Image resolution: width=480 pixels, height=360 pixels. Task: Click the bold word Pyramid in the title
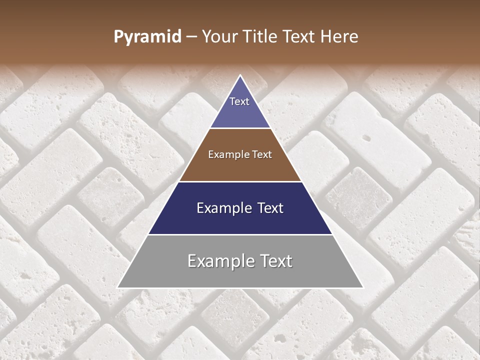tap(147, 37)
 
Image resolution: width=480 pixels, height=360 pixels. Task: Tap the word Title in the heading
tap(262, 37)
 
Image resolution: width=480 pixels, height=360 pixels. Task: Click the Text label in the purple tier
tap(239, 101)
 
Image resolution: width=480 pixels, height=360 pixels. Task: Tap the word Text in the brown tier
tap(261, 155)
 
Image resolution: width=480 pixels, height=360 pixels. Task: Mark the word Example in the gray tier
tap(218, 261)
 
